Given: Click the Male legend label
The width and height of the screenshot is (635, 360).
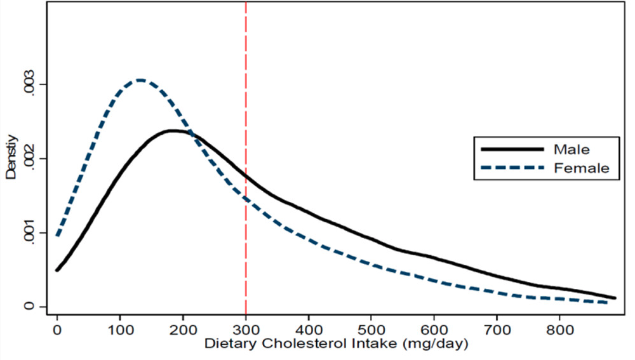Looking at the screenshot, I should tap(572, 150).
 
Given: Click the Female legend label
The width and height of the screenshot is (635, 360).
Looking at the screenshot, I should tap(581, 168).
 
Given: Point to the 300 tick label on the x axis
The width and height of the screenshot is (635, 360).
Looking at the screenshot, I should tap(246, 331).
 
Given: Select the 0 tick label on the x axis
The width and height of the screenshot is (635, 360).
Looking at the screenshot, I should tap(57, 331).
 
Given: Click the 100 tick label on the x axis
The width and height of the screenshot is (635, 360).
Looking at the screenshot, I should tap(120, 331).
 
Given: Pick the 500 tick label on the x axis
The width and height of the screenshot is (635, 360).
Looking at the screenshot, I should tap(371, 331).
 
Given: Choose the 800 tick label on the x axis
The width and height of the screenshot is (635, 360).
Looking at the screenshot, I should tap(559, 331).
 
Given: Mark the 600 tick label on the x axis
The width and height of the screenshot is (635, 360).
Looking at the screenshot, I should tap(434, 331).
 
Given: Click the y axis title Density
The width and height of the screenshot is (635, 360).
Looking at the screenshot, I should tap(11, 159).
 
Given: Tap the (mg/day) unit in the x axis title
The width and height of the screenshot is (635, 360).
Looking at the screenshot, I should tap(438, 345).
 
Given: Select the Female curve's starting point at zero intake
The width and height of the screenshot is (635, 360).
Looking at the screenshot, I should tap(57, 236).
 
